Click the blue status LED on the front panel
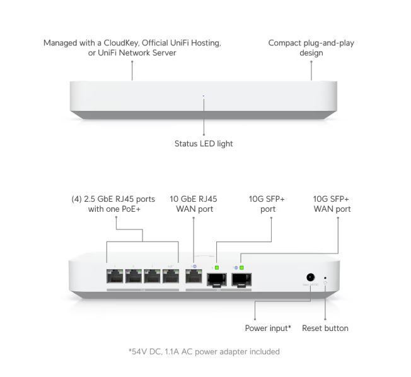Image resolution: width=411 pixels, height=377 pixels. (203, 96)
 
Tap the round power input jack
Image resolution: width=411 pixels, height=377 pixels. (310, 277)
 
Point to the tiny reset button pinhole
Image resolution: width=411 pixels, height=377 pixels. (325, 277)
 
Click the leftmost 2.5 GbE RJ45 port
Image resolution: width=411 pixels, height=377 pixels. (116, 276)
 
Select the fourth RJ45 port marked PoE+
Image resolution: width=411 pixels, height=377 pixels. (170, 276)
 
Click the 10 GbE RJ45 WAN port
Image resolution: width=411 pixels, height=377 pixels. (194, 276)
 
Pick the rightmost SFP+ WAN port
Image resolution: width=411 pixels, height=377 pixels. (243, 277)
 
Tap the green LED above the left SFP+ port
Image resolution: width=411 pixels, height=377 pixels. (217, 268)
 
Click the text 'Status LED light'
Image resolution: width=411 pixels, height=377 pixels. (204, 144)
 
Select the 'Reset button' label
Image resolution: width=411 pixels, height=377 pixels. (325, 328)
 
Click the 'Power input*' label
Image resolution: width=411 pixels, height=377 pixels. (268, 328)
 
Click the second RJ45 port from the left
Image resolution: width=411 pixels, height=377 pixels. (134, 276)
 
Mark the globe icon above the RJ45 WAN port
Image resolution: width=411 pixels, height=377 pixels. (194, 267)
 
